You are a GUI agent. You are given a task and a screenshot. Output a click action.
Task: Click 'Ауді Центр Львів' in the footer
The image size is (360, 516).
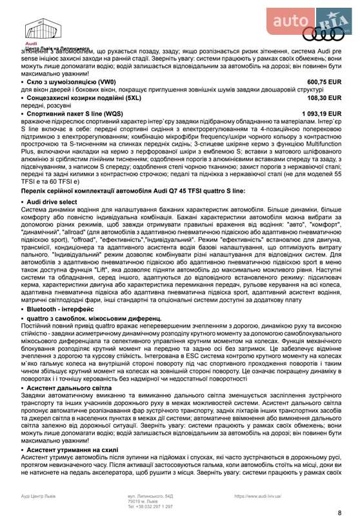(x=39, y=496)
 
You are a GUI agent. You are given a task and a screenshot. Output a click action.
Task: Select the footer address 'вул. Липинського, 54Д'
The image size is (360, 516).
(x=150, y=496)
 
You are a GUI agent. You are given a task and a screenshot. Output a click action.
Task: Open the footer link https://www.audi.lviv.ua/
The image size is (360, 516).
(x=262, y=496)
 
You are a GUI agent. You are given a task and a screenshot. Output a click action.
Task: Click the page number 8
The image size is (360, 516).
(x=339, y=512)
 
